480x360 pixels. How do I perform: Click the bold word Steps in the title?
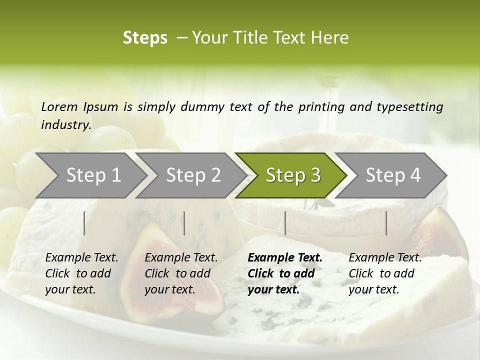(x=145, y=38)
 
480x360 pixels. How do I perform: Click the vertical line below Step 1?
(x=84, y=223)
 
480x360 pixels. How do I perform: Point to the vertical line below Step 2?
(x=184, y=223)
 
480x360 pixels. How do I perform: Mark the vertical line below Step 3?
(x=285, y=223)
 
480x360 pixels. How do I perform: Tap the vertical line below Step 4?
(x=386, y=223)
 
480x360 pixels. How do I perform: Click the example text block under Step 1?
(x=81, y=273)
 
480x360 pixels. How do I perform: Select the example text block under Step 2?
(x=181, y=273)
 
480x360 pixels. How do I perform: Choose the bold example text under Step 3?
(x=285, y=273)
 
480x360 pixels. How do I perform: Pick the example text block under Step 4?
(x=385, y=273)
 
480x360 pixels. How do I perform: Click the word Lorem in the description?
(x=59, y=106)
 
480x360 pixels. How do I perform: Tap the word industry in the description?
(x=65, y=125)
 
